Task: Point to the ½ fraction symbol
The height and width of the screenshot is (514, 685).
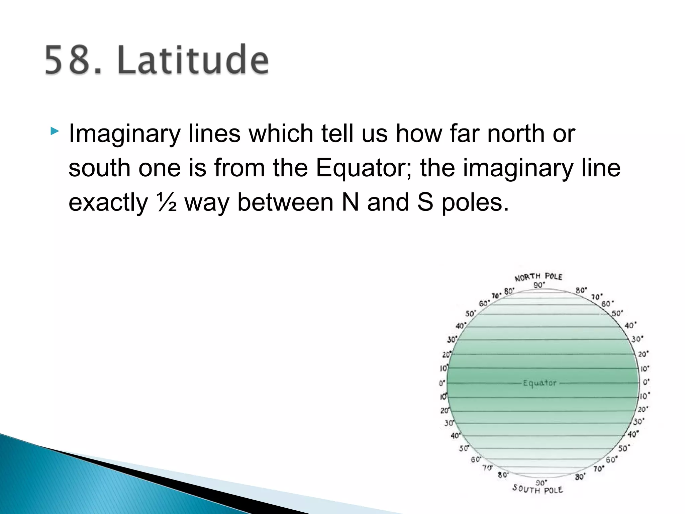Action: (166, 203)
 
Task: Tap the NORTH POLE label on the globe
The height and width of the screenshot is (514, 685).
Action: (538, 277)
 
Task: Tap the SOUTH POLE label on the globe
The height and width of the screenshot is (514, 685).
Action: (537, 490)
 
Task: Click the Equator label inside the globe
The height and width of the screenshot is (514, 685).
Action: (540, 383)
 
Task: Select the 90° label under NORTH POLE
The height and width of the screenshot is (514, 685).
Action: (539, 285)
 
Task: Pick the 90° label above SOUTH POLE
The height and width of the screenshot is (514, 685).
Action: (541, 483)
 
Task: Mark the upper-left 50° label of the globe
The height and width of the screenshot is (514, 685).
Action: (471, 314)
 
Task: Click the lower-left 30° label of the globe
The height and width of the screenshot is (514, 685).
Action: (449, 423)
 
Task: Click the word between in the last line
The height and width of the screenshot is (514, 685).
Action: (285, 203)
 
